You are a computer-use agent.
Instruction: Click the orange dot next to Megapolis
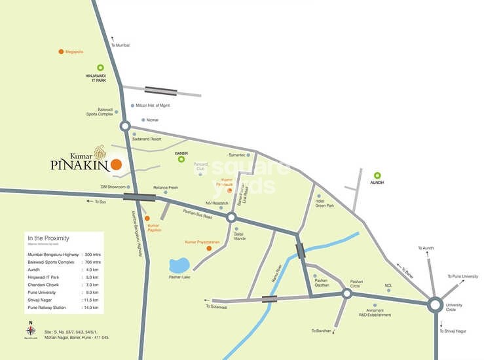[x=61, y=51]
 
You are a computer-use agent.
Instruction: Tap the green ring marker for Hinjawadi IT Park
[x=101, y=67]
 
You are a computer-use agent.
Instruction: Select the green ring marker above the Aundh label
[x=377, y=175]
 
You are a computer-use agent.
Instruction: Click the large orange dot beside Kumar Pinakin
[x=116, y=164]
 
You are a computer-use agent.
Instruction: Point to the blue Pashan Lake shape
[x=179, y=265]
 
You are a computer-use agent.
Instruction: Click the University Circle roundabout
[x=435, y=304]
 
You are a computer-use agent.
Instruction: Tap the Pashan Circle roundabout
[x=347, y=293]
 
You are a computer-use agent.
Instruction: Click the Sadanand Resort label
[x=146, y=139]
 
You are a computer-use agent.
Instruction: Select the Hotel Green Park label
[x=324, y=204]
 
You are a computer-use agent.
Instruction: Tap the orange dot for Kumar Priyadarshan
[x=209, y=249]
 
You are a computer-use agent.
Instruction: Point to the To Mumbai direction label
[x=121, y=45]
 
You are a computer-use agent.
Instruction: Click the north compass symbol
[x=30, y=331]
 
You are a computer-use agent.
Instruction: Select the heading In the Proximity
[x=48, y=238]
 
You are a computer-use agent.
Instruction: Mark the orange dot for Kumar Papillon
[x=147, y=218]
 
